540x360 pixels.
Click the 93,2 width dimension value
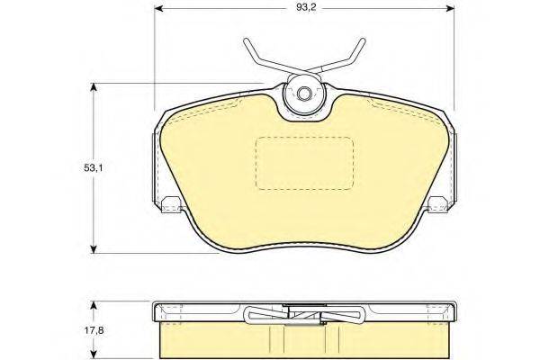click(306, 7)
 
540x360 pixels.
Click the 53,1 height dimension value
click(94, 168)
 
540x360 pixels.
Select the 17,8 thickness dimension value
click(94, 330)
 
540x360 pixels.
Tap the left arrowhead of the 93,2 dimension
click(158, 8)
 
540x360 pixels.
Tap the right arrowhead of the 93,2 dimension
click(450, 8)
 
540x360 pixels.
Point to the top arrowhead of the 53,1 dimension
click(93, 87)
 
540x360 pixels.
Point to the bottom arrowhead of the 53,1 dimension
click(93, 249)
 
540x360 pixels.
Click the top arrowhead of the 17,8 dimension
click(93, 306)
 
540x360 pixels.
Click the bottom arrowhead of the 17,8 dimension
click(93, 354)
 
